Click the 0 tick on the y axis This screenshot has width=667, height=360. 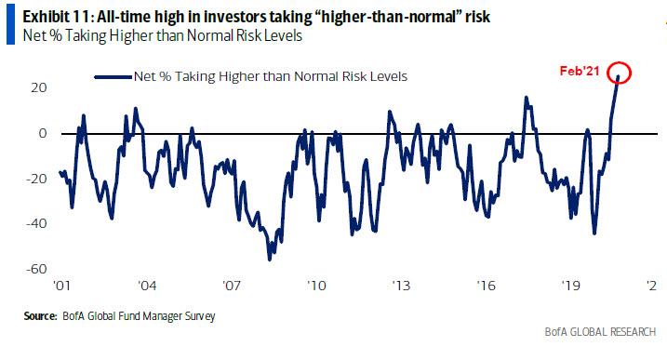pos(44,133)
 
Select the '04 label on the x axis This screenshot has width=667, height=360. pos(145,287)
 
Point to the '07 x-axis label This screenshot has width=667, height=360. pos(231,287)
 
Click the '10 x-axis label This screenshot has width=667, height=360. pos(316,287)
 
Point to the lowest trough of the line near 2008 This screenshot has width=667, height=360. pos(269,259)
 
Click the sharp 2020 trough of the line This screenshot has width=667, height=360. pos(594,233)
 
